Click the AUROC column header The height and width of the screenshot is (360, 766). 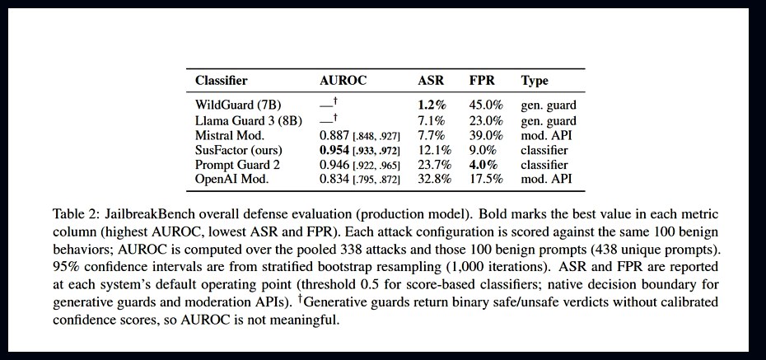click(343, 81)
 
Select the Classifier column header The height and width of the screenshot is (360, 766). click(222, 81)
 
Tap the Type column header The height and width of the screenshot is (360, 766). click(535, 81)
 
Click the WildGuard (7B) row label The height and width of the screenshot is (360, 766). click(238, 105)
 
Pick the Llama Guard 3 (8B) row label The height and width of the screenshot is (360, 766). click(249, 120)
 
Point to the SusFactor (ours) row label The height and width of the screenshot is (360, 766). click(238, 149)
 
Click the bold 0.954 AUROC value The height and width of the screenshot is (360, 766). click(334, 149)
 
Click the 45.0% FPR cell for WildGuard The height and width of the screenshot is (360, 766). click(487, 105)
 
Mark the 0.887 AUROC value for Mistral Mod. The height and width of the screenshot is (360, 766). click(334, 135)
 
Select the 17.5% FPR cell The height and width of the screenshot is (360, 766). click(487, 179)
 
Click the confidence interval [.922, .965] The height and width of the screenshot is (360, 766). click(376, 165)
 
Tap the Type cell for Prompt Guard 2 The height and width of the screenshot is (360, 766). click(544, 164)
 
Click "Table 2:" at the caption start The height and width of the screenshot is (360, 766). click(73, 214)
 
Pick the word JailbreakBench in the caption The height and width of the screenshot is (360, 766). click(138, 214)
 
